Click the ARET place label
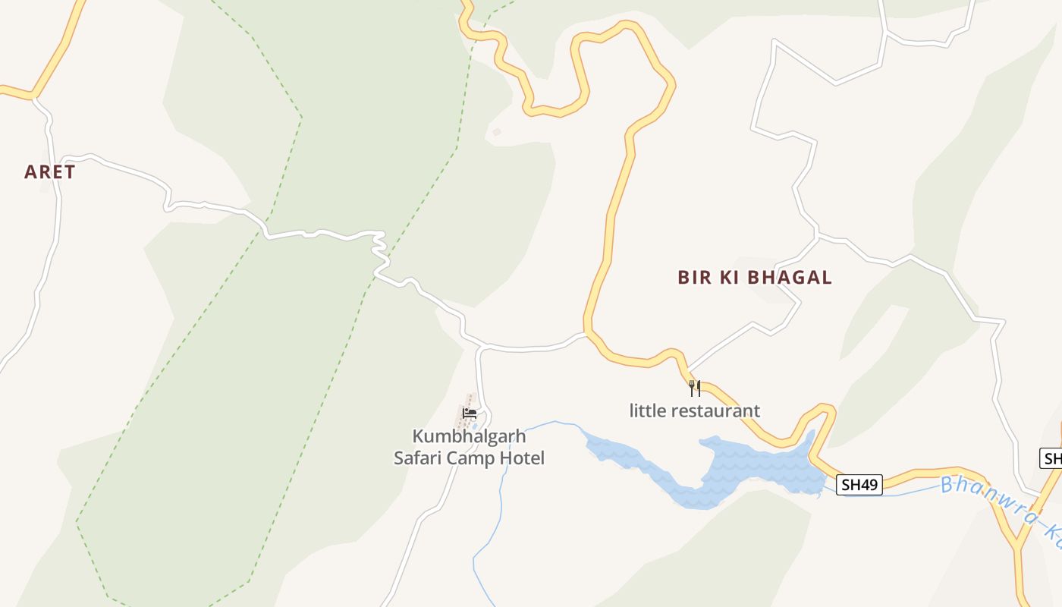click(50, 172)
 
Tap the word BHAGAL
click(790, 278)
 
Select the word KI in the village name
click(728, 278)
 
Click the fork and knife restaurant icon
click(695, 388)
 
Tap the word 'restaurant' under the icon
click(714, 411)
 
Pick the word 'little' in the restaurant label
click(646, 411)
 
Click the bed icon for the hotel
click(470, 414)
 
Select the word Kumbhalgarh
click(469, 436)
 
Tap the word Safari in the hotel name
click(418, 458)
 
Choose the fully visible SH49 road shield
click(859, 485)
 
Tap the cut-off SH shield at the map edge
click(1051, 458)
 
